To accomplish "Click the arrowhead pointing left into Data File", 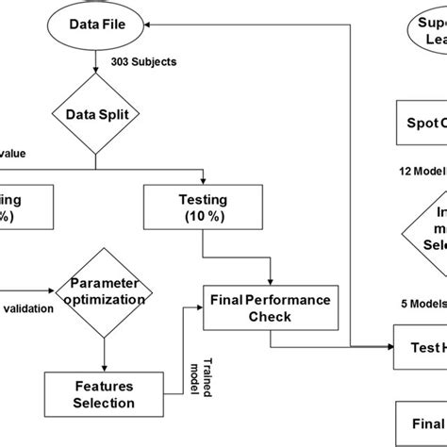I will pos(154,23).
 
